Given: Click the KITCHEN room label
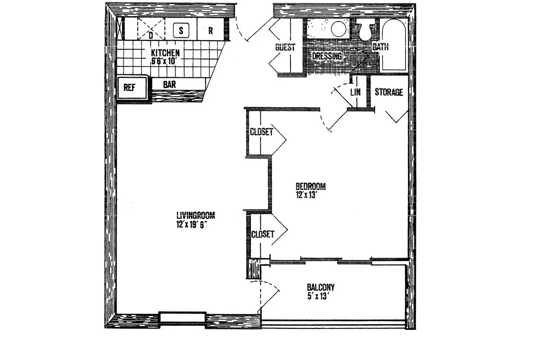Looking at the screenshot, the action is pyautogui.click(x=165, y=53).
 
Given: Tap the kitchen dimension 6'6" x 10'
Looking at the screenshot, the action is pyautogui.click(x=164, y=61).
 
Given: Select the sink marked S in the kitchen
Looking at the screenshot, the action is pyautogui.click(x=181, y=30).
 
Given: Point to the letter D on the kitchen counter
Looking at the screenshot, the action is pyautogui.click(x=151, y=35).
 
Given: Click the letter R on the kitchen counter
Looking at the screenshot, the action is pyautogui.click(x=210, y=31).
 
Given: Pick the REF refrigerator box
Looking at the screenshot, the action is pyautogui.click(x=132, y=87).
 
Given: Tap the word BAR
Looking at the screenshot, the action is pyautogui.click(x=169, y=85).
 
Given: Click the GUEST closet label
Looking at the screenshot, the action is pyautogui.click(x=285, y=47).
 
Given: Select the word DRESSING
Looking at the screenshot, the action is pyautogui.click(x=327, y=56).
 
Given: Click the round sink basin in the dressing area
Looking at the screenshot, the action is pyautogui.click(x=338, y=29).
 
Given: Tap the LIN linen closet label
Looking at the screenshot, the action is pyautogui.click(x=355, y=92).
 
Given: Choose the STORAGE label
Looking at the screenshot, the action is pyautogui.click(x=389, y=92).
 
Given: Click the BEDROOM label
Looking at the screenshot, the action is pyautogui.click(x=311, y=186).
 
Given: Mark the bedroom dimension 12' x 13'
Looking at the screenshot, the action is pyautogui.click(x=306, y=195).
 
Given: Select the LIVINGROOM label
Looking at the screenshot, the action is pyautogui.click(x=196, y=216).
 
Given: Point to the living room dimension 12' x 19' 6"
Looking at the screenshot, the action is pyautogui.click(x=191, y=225).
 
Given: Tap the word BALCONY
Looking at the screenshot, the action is pyautogui.click(x=321, y=287).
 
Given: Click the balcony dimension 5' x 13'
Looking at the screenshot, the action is pyautogui.click(x=317, y=296).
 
